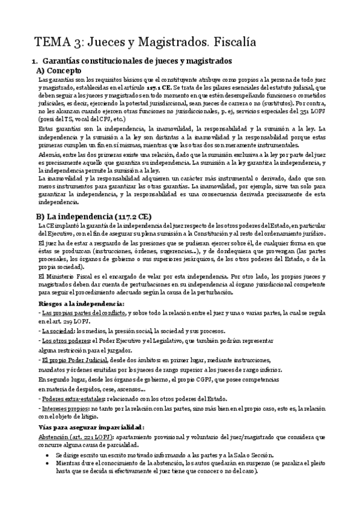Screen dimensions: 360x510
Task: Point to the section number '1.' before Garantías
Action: click(34, 61)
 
